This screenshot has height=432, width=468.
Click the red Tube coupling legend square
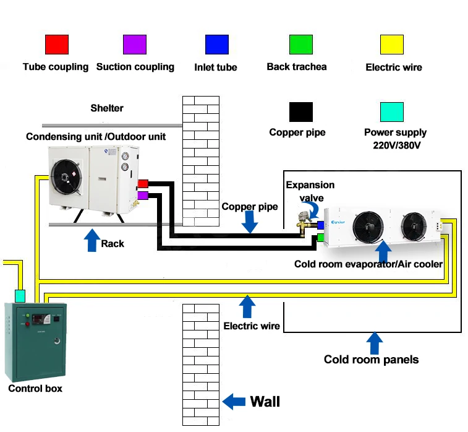click(57, 45)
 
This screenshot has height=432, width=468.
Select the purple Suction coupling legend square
click(135, 45)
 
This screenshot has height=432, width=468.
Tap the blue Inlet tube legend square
click(216, 45)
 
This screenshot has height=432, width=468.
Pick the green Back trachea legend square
click(300, 45)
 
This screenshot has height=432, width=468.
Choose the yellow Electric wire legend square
click(392, 45)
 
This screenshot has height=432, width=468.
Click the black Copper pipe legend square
click(300, 112)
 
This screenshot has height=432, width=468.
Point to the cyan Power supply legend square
click(392, 112)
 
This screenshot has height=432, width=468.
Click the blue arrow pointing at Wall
click(234, 401)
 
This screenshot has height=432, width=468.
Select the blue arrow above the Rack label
click(91, 240)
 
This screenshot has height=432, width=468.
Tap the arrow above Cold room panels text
click(374, 343)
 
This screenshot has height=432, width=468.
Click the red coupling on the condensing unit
click(142, 183)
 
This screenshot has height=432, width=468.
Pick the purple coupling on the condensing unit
click(142, 196)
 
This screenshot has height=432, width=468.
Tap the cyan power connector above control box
click(20, 295)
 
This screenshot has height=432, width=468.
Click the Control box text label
click(35, 389)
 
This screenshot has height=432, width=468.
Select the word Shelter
click(107, 108)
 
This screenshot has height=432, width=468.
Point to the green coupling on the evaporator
click(321, 237)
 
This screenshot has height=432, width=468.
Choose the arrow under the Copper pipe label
click(249, 221)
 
